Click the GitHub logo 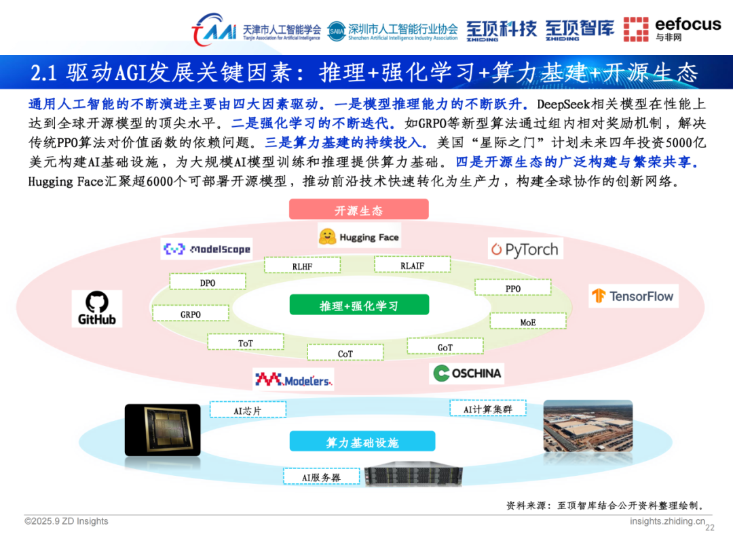[x=97, y=308]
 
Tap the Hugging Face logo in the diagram [x=359, y=237]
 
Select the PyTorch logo [x=525, y=249]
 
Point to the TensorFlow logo [x=633, y=296]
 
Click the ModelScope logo [x=207, y=249]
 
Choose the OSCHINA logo [x=467, y=373]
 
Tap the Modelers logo [x=293, y=380]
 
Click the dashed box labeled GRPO [x=190, y=314]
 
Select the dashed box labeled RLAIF [x=412, y=265]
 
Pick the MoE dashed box [x=527, y=322]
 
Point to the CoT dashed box [x=345, y=353]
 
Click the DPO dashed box [x=208, y=282]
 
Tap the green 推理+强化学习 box [x=359, y=306]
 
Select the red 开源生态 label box [x=358, y=210]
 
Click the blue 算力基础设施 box [x=362, y=443]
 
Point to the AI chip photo [x=163, y=430]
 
